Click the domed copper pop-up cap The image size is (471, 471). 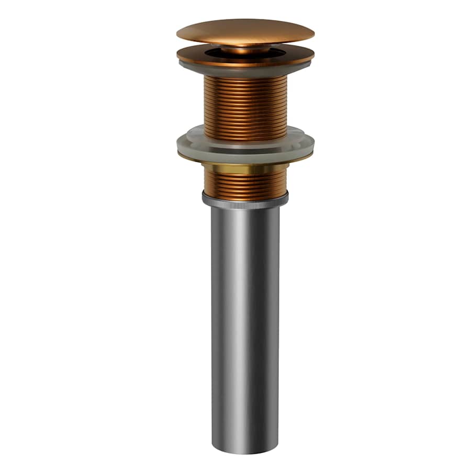click(x=245, y=30)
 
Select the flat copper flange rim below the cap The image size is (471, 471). click(x=245, y=59)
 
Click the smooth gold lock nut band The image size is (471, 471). click(x=245, y=169)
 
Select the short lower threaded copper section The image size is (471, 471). click(x=245, y=183)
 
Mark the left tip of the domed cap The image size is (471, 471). click(x=178, y=34)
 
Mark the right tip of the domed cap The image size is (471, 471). click(x=313, y=34)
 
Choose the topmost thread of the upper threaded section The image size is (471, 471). click(x=245, y=78)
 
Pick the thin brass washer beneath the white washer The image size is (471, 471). click(x=245, y=160)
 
